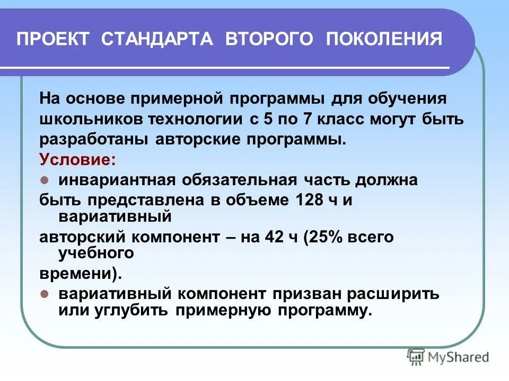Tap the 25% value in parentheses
(x=326, y=237)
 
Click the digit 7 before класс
(x=306, y=119)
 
